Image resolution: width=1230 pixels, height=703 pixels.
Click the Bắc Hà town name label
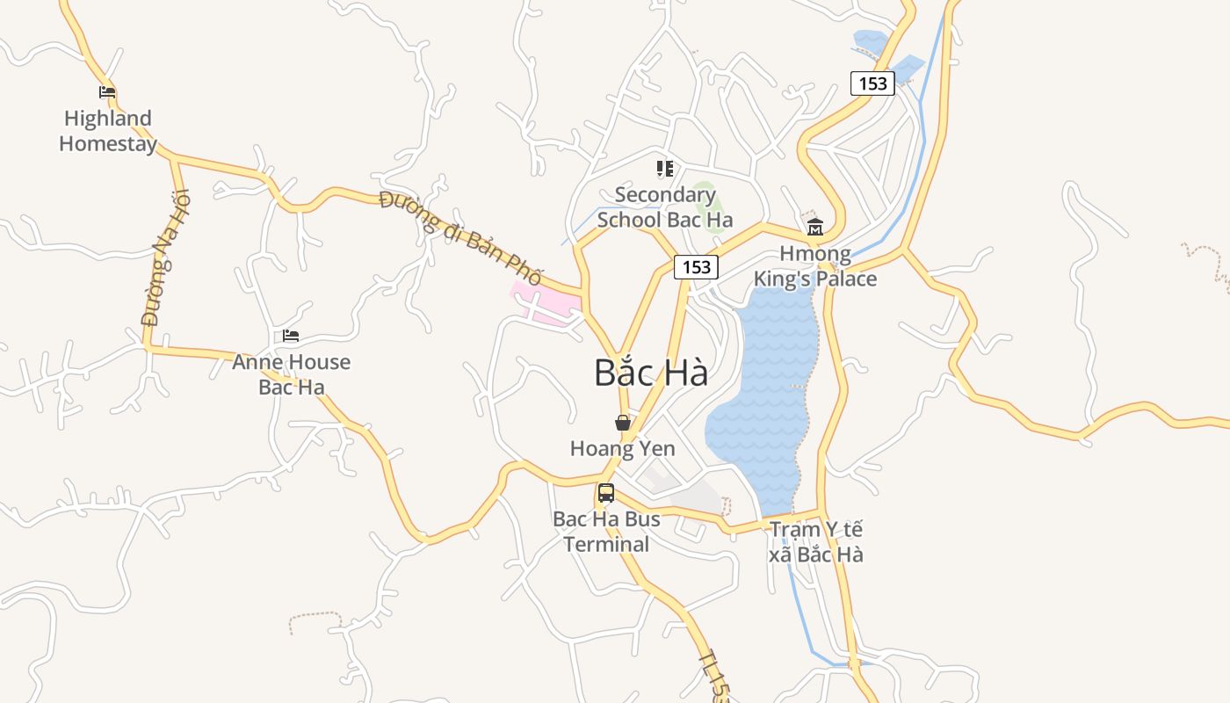651,373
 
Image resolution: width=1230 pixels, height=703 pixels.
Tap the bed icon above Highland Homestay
107,91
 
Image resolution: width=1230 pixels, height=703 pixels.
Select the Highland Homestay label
108,131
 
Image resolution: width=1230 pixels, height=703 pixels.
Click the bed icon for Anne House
291,336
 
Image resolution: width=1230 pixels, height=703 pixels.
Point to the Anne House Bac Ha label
291,374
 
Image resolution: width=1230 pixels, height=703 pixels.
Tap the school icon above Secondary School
665,168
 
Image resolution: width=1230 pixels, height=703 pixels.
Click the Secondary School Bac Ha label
665,207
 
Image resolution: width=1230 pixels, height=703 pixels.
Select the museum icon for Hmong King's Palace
814,227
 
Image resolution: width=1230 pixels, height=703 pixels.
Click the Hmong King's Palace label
815,266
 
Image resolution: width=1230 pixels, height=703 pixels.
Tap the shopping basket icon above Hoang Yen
623,423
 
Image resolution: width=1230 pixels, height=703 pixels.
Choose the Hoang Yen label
623,449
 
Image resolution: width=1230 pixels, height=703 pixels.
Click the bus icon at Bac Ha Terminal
606,493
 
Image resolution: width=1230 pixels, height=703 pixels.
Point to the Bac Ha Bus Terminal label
606,532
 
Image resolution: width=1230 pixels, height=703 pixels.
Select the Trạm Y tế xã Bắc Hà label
816,541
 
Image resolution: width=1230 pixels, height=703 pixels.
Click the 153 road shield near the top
872,83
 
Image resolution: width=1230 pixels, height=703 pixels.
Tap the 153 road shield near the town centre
697,267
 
